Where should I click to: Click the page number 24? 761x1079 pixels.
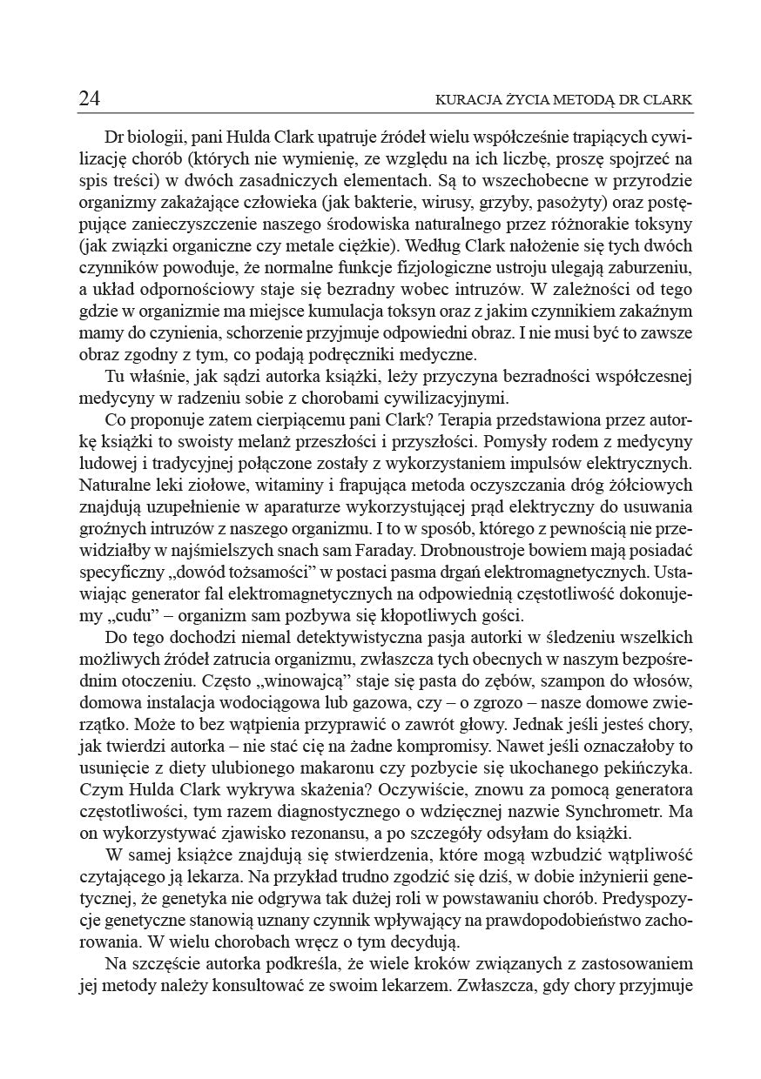tap(89, 99)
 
